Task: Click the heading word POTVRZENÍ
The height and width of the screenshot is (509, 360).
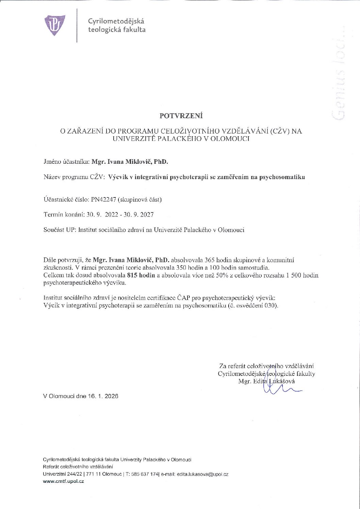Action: click(x=181, y=116)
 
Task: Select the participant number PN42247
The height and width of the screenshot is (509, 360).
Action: click(x=103, y=200)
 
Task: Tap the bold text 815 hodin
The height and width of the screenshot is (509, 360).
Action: click(x=141, y=275)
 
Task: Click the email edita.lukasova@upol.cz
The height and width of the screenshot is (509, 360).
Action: click(x=202, y=474)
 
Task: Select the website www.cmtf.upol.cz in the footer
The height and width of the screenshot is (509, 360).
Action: click(x=63, y=481)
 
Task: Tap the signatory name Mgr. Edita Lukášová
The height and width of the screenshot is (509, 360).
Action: click(x=266, y=381)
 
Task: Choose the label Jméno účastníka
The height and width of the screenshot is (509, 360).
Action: click(x=66, y=162)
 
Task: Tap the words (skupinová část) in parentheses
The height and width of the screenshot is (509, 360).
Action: click(x=140, y=200)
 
